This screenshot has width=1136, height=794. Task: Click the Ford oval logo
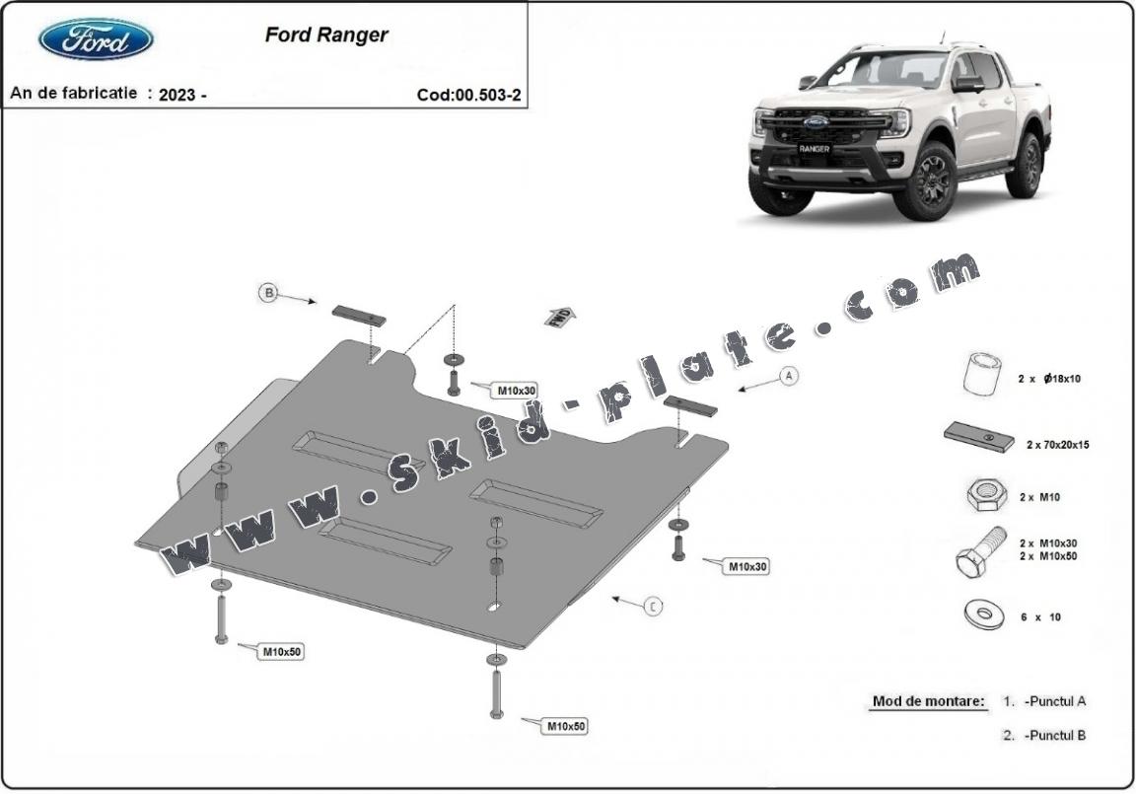click(96, 39)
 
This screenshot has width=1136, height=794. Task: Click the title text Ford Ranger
click(326, 35)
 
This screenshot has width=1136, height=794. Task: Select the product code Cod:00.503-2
click(468, 95)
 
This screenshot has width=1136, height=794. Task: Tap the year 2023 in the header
click(177, 95)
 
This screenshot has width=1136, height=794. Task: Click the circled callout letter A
click(787, 375)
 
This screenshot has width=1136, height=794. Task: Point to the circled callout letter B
click(267, 292)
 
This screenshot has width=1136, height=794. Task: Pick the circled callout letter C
click(653, 607)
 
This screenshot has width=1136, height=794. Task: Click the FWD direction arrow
click(559, 317)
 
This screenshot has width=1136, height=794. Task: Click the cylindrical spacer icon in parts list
click(979, 374)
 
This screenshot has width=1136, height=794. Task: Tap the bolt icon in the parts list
click(978, 551)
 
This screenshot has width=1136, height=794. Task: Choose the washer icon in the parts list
click(983, 614)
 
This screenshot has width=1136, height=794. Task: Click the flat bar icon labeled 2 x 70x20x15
click(978, 437)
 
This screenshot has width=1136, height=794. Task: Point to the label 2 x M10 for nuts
click(1039, 498)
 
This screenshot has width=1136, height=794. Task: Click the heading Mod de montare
click(928, 702)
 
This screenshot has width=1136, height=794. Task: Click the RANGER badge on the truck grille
click(814, 149)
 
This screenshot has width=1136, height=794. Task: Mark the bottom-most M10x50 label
click(566, 727)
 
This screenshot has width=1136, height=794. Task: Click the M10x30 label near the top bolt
click(516, 391)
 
